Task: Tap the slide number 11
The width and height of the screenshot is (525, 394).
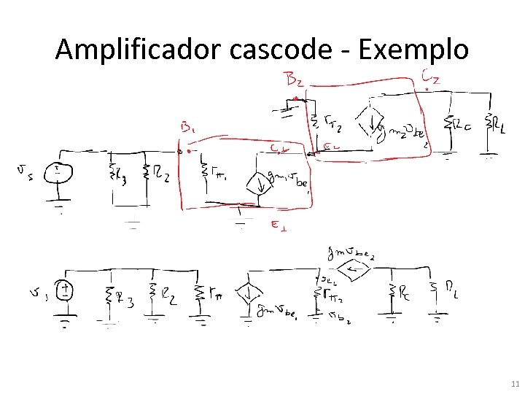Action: coord(514,383)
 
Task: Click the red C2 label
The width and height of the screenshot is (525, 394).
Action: coord(430,76)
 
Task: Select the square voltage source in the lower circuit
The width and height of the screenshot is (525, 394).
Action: coord(66,291)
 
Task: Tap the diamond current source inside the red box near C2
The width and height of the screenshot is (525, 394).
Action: coord(371,126)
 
